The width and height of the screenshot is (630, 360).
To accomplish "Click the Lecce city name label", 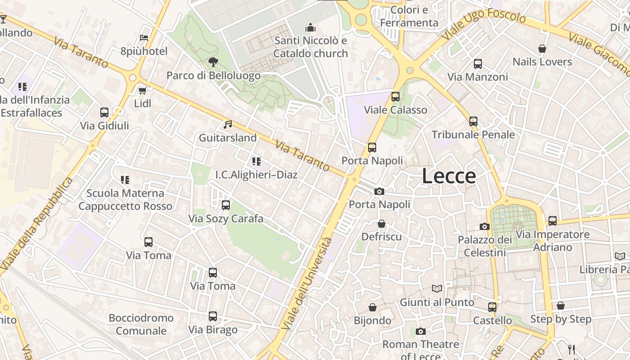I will (x=449, y=176).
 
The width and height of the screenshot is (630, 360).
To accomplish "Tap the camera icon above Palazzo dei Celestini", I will (x=485, y=226).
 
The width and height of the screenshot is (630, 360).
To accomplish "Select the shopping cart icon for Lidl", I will (x=143, y=90).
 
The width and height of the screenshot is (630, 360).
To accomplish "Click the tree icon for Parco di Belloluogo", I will (x=213, y=62).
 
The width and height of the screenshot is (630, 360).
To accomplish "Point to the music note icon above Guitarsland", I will (x=228, y=124).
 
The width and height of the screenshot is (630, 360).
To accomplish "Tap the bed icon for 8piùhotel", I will (x=144, y=38).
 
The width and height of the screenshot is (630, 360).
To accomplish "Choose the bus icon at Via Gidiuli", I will (x=104, y=112).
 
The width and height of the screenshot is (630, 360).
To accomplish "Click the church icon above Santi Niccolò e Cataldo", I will (x=310, y=28).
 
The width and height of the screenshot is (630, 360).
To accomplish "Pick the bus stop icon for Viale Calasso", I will (x=396, y=97).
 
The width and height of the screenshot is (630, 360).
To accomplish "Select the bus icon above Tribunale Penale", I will (x=473, y=121).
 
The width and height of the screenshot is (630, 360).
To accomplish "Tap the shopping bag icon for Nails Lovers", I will (x=542, y=49).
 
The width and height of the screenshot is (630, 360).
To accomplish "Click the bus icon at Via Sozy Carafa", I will (x=226, y=205).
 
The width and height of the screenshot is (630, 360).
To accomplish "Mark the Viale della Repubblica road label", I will (x=37, y=224).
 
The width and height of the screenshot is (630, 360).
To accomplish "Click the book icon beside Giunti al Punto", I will (x=436, y=288).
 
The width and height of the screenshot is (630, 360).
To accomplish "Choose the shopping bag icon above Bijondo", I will (x=373, y=307).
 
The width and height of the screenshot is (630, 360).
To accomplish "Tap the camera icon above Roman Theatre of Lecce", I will (x=421, y=332).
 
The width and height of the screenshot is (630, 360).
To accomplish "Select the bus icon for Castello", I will (x=492, y=307).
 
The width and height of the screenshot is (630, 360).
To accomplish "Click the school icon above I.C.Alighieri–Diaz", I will (x=256, y=161).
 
